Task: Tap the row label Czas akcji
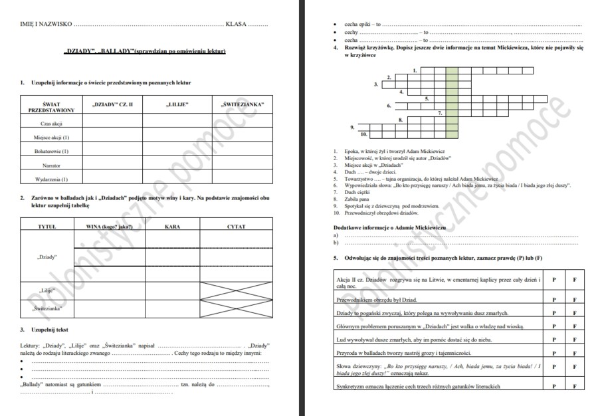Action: (51, 124)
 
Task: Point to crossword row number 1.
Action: (415, 70)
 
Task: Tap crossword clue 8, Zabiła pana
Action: (359, 200)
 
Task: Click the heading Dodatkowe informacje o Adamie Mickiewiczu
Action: (389, 227)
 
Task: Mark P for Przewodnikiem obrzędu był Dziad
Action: (553, 300)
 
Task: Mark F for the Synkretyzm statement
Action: (575, 386)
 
